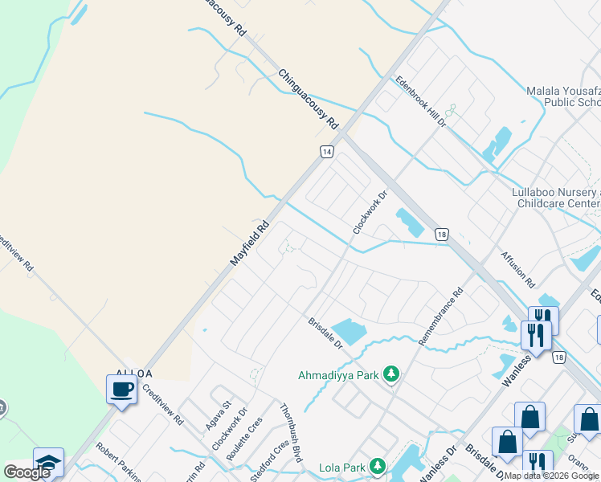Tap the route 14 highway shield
326,151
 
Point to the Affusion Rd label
517,269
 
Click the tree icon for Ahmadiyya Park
391,374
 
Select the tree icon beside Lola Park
376,467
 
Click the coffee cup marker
121,390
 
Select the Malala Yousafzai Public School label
562,96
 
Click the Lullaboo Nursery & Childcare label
556,198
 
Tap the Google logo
26,472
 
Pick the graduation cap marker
48,463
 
